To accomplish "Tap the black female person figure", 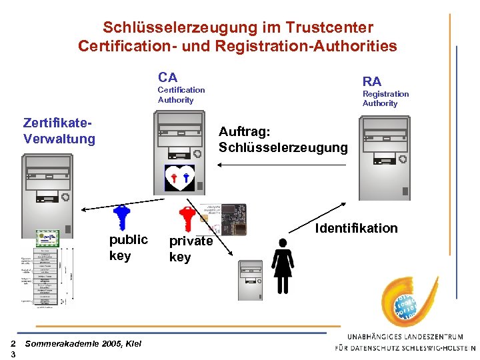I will click(x=283, y=265).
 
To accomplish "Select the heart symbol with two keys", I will click(x=179, y=177).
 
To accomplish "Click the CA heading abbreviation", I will click(x=168, y=77).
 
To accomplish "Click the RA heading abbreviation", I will click(x=372, y=81).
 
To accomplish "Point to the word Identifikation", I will click(x=357, y=229).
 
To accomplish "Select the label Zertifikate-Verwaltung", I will click(x=59, y=131).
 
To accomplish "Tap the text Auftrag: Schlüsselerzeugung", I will click(x=283, y=139).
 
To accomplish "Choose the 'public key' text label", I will click(x=128, y=247).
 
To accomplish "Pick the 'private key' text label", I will click(x=191, y=249).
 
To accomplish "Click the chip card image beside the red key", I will click(x=223, y=219).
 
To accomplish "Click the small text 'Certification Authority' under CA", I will click(x=181, y=95).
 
